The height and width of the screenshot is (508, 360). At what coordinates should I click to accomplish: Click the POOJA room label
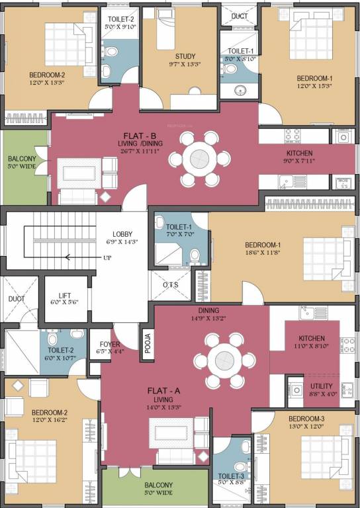coord(148,344)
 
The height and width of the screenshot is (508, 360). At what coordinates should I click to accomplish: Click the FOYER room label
coord(110,344)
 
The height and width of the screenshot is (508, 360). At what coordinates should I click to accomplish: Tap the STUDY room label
coord(185,56)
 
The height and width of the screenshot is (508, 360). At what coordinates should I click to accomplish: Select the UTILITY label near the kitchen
coord(322,386)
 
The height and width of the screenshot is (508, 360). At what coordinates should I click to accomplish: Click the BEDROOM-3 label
coord(306,419)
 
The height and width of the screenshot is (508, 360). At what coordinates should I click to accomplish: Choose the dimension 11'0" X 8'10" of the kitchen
coord(310,346)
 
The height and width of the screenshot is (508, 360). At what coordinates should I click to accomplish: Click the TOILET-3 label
coord(231,477)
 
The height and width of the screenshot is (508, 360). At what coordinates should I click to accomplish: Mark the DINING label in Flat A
coord(208,310)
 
